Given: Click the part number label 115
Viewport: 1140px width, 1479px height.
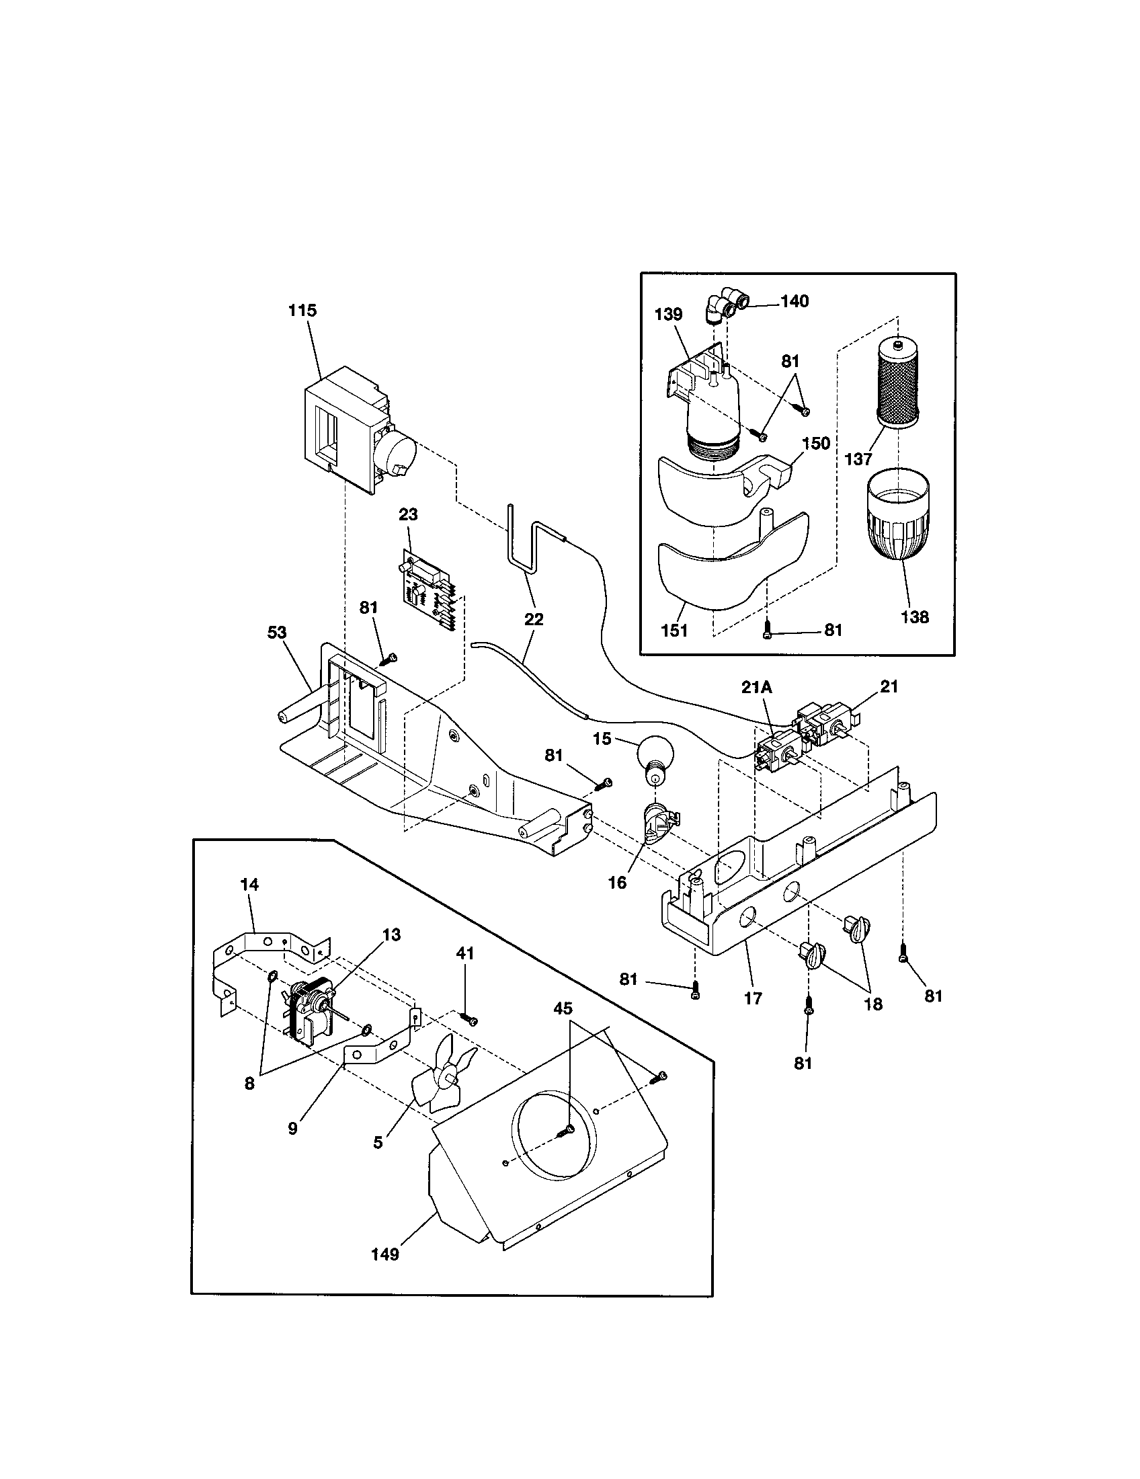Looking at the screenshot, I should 302,311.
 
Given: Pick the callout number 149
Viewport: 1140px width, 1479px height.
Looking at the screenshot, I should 384,1254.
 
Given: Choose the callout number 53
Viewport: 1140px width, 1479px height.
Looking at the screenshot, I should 277,632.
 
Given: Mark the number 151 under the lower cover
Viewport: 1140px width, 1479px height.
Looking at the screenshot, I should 674,630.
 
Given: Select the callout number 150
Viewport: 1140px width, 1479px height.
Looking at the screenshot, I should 816,444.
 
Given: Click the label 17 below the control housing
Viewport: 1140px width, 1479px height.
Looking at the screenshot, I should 753,998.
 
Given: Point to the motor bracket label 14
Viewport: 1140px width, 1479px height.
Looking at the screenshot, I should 249,885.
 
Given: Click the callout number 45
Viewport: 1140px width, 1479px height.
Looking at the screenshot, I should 563,1008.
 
